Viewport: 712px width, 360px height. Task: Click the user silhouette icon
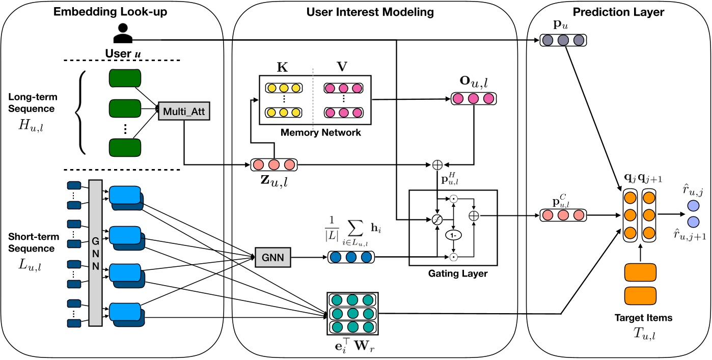click(123, 33)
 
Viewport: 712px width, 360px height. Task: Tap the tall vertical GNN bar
click(95, 252)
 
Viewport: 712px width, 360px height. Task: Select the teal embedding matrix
click(352, 313)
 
